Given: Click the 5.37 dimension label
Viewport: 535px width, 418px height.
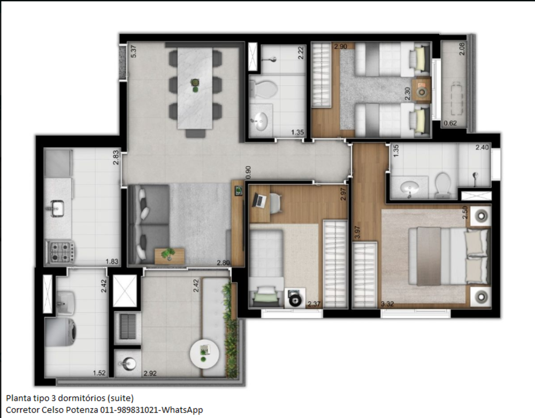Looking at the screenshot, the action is [x=133, y=51].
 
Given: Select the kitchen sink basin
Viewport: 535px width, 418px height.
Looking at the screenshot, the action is [x=57, y=208].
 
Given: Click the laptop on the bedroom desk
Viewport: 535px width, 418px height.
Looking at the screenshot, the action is [x=259, y=200].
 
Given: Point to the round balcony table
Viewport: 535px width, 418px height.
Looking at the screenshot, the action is [x=204, y=354].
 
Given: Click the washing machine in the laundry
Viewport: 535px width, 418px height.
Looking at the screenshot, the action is [x=61, y=331].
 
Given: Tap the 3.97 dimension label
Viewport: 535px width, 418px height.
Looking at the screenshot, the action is [x=357, y=233].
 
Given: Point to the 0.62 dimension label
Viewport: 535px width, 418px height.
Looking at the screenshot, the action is [x=450, y=123].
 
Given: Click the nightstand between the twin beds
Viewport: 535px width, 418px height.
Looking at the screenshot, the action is [x=422, y=90].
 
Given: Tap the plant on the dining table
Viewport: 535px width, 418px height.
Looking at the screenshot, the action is [x=195, y=85].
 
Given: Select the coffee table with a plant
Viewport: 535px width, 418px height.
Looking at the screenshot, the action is [x=170, y=256].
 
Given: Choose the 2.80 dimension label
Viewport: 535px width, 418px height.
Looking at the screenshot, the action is [x=223, y=263].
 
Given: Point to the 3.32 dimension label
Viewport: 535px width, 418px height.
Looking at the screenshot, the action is [x=387, y=304].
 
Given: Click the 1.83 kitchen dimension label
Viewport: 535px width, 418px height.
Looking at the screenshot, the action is [x=112, y=262].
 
